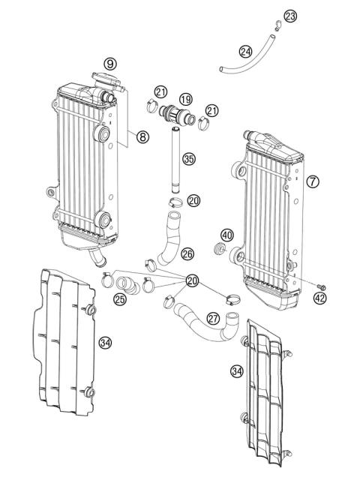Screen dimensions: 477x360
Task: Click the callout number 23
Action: (x=290, y=16)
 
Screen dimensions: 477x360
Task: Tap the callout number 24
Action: (x=245, y=52)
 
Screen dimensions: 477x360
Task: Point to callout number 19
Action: (x=184, y=98)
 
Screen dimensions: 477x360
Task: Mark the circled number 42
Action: (x=321, y=297)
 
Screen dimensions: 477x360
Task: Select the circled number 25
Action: (x=121, y=298)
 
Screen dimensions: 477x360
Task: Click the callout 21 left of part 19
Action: (x=160, y=91)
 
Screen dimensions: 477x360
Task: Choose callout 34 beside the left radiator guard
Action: (x=106, y=342)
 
